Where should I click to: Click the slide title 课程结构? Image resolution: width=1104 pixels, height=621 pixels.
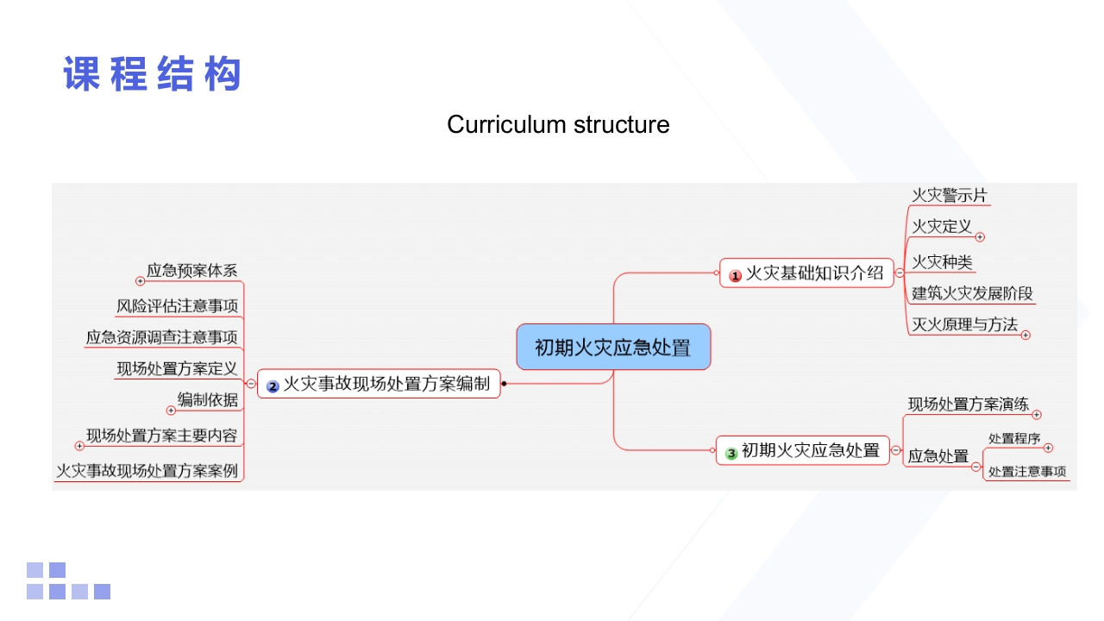click(x=152, y=74)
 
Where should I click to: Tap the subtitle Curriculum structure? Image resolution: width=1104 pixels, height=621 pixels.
click(x=558, y=124)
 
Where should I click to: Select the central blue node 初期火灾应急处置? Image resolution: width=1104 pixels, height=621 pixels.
click(x=613, y=348)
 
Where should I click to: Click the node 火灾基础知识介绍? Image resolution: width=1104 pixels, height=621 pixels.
click(x=814, y=273)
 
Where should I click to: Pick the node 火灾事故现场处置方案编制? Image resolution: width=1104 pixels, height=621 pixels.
click(x=386, y=384)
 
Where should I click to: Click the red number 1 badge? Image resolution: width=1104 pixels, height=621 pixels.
click(x=736, y=276)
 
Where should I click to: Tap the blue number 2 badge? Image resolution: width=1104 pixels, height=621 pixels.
click(x=273, y=386)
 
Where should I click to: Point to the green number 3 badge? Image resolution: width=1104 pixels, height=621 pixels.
click(x=731, y=452)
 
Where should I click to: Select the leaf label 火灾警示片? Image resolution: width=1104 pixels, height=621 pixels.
click(x=950, y=196)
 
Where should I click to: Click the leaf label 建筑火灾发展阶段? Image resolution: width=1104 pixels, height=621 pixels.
click(x=972, y=293)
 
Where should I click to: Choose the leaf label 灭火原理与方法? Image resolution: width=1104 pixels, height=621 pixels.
click(x=964, y=324)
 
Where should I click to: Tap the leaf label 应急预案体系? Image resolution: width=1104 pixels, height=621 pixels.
click(x=191, y=270)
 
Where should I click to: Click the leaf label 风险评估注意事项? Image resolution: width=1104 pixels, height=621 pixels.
click(x=177, y=306)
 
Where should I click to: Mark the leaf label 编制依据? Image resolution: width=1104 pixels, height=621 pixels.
click(x=207, y=399)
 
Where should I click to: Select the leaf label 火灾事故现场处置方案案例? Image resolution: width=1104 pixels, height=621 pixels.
click(x=147, y=471)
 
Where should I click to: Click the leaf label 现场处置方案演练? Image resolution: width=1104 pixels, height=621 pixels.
click(x=968, y=404)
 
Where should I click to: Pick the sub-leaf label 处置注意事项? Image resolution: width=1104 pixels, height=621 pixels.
click(x=1027, y=472)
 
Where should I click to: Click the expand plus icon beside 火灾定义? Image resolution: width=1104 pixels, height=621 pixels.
click(x=980, y=237)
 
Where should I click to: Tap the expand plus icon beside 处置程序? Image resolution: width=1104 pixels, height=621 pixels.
click(x=1048, y=448)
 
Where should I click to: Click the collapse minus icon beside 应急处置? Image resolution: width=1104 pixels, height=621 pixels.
click(x=976, y=467)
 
